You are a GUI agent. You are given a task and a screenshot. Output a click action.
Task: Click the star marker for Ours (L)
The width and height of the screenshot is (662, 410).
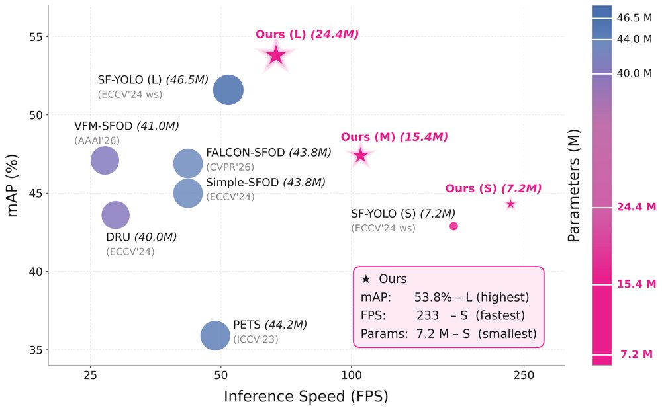click(x=276, y=55)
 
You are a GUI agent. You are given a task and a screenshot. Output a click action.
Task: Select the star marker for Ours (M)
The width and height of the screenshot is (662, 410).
click(x=361, y=155)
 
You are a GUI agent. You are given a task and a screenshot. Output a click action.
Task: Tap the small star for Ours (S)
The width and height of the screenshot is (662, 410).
click(x=511, y=204)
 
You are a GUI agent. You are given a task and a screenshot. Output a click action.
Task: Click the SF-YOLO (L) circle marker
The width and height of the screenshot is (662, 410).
click(x=228, y=90)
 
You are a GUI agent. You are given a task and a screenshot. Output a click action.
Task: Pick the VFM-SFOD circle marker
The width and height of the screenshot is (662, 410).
click(x=105, y=161)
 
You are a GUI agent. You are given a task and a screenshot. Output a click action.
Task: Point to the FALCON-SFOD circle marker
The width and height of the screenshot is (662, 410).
click(x=188, y=163)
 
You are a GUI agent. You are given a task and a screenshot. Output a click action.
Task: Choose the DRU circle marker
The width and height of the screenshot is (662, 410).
click(x=115, y=215)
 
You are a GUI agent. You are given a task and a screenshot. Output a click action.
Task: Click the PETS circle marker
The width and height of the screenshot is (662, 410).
click(x=215, y=336)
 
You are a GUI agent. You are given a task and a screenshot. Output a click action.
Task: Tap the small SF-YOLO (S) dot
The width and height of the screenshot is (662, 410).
click(x=453, y=226)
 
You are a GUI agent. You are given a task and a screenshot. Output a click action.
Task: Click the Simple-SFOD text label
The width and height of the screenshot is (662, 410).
click(x=242, y=183)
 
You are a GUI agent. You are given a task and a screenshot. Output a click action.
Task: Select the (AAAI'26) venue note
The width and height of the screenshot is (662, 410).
click(x=97, y=140)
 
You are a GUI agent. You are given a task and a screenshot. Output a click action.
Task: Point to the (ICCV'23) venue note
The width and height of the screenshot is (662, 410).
click(x=256, y=339)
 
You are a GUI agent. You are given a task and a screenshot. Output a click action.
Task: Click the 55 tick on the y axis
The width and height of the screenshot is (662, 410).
click(x=36, y=36)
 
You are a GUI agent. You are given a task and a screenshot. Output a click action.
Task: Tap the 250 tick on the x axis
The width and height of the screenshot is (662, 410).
click(x=524, y=375)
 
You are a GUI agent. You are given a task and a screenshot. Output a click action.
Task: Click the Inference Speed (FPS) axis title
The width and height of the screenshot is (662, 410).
click(x=306, y=397)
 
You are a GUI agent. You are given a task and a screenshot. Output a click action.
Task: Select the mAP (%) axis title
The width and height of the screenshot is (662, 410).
click(x=12, y=186)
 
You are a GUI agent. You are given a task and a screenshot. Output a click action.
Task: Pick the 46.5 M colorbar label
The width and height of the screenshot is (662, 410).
click(x=634, y=18)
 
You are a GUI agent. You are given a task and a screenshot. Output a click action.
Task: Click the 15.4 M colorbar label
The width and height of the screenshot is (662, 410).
click(x=637, y=284)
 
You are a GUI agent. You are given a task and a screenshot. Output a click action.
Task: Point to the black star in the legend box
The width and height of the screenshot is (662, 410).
click(x=366, y=279)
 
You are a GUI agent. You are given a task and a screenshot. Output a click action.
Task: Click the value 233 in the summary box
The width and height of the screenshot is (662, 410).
click(x=428, y=315)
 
